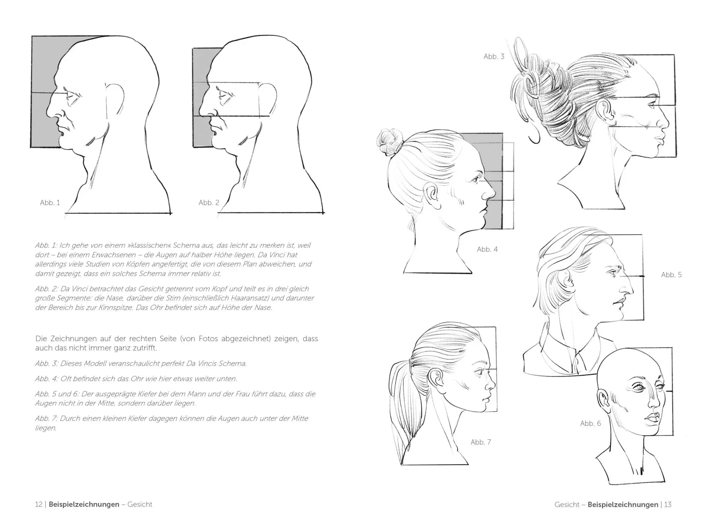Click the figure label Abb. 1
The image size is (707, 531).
click(x=50, y=203)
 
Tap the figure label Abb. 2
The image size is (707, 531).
click(x=209, y=203)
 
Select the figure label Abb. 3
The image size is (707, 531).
click(x=494, y=57)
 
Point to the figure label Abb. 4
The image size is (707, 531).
click(x=487, y=250)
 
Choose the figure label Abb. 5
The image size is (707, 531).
click(x=671, y=275)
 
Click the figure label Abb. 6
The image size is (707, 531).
click(x=590, y=423)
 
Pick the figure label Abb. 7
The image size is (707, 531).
click(x=481, y=442)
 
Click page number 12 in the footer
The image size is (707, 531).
click(x=39, y=504)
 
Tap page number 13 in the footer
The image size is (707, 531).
click(x=667, y=504)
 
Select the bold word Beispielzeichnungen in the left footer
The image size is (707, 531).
click(x=84, y=504)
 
